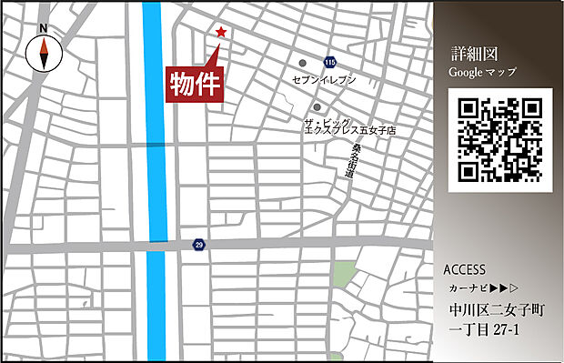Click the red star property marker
pyautogui.click(x=220, y=33)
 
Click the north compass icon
pyautogui.click(x=43, y=54)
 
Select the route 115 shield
pyautogui.click(x=329, y=62)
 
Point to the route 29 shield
pyautogui.click(x=198, y=245)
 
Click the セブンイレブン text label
pyautogui.click(x=324, y=80)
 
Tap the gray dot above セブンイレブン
pyautogui.click(x=303, y=63)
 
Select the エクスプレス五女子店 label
pyautogui.click(x=350, y=131)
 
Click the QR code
pyautogui.click(x=499, y=140)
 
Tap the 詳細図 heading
pyautogui.click(x=471, y=53)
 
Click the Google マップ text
pyautogui.click(x=482, y=71)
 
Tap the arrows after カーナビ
pyautogui.click(x=506, y=287)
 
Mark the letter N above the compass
pyautogui.click(x=43, y=28)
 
